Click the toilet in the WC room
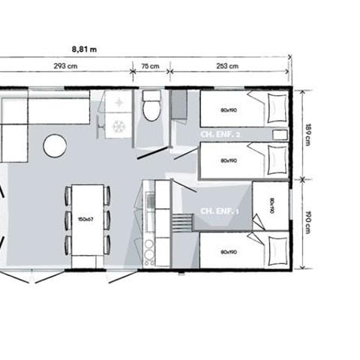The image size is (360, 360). pyautogui.click(x=151, y=107)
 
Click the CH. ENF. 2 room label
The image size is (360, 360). pyautogui.click(x=220, y=133)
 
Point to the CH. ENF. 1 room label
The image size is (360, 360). pyautogui.click(x=219, y=211)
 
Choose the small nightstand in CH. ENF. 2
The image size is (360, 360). pyautogui.click(x=279, y=133)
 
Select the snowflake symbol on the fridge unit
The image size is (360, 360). pyautogui.click(x=118, y=127)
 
